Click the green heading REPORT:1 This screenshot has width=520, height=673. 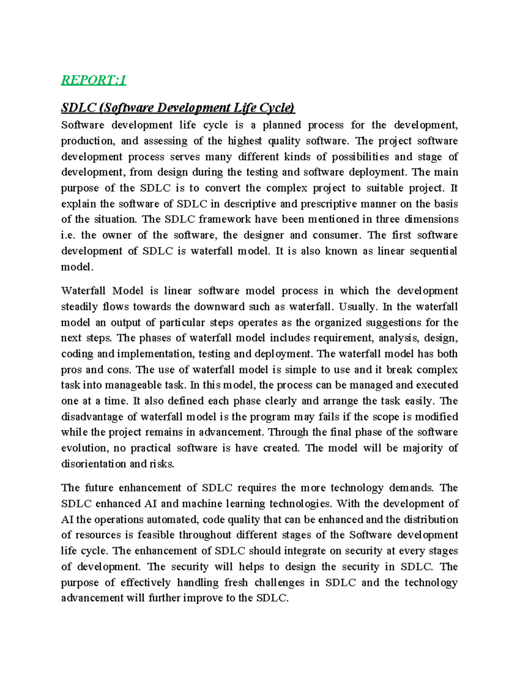(x=94, y=80)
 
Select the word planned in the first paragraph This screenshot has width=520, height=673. (x=282, y=125)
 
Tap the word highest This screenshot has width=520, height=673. (x=245, y=141)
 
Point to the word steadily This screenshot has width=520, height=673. (x=79, y=307)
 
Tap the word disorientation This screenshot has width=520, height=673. (x=94, y=464)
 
